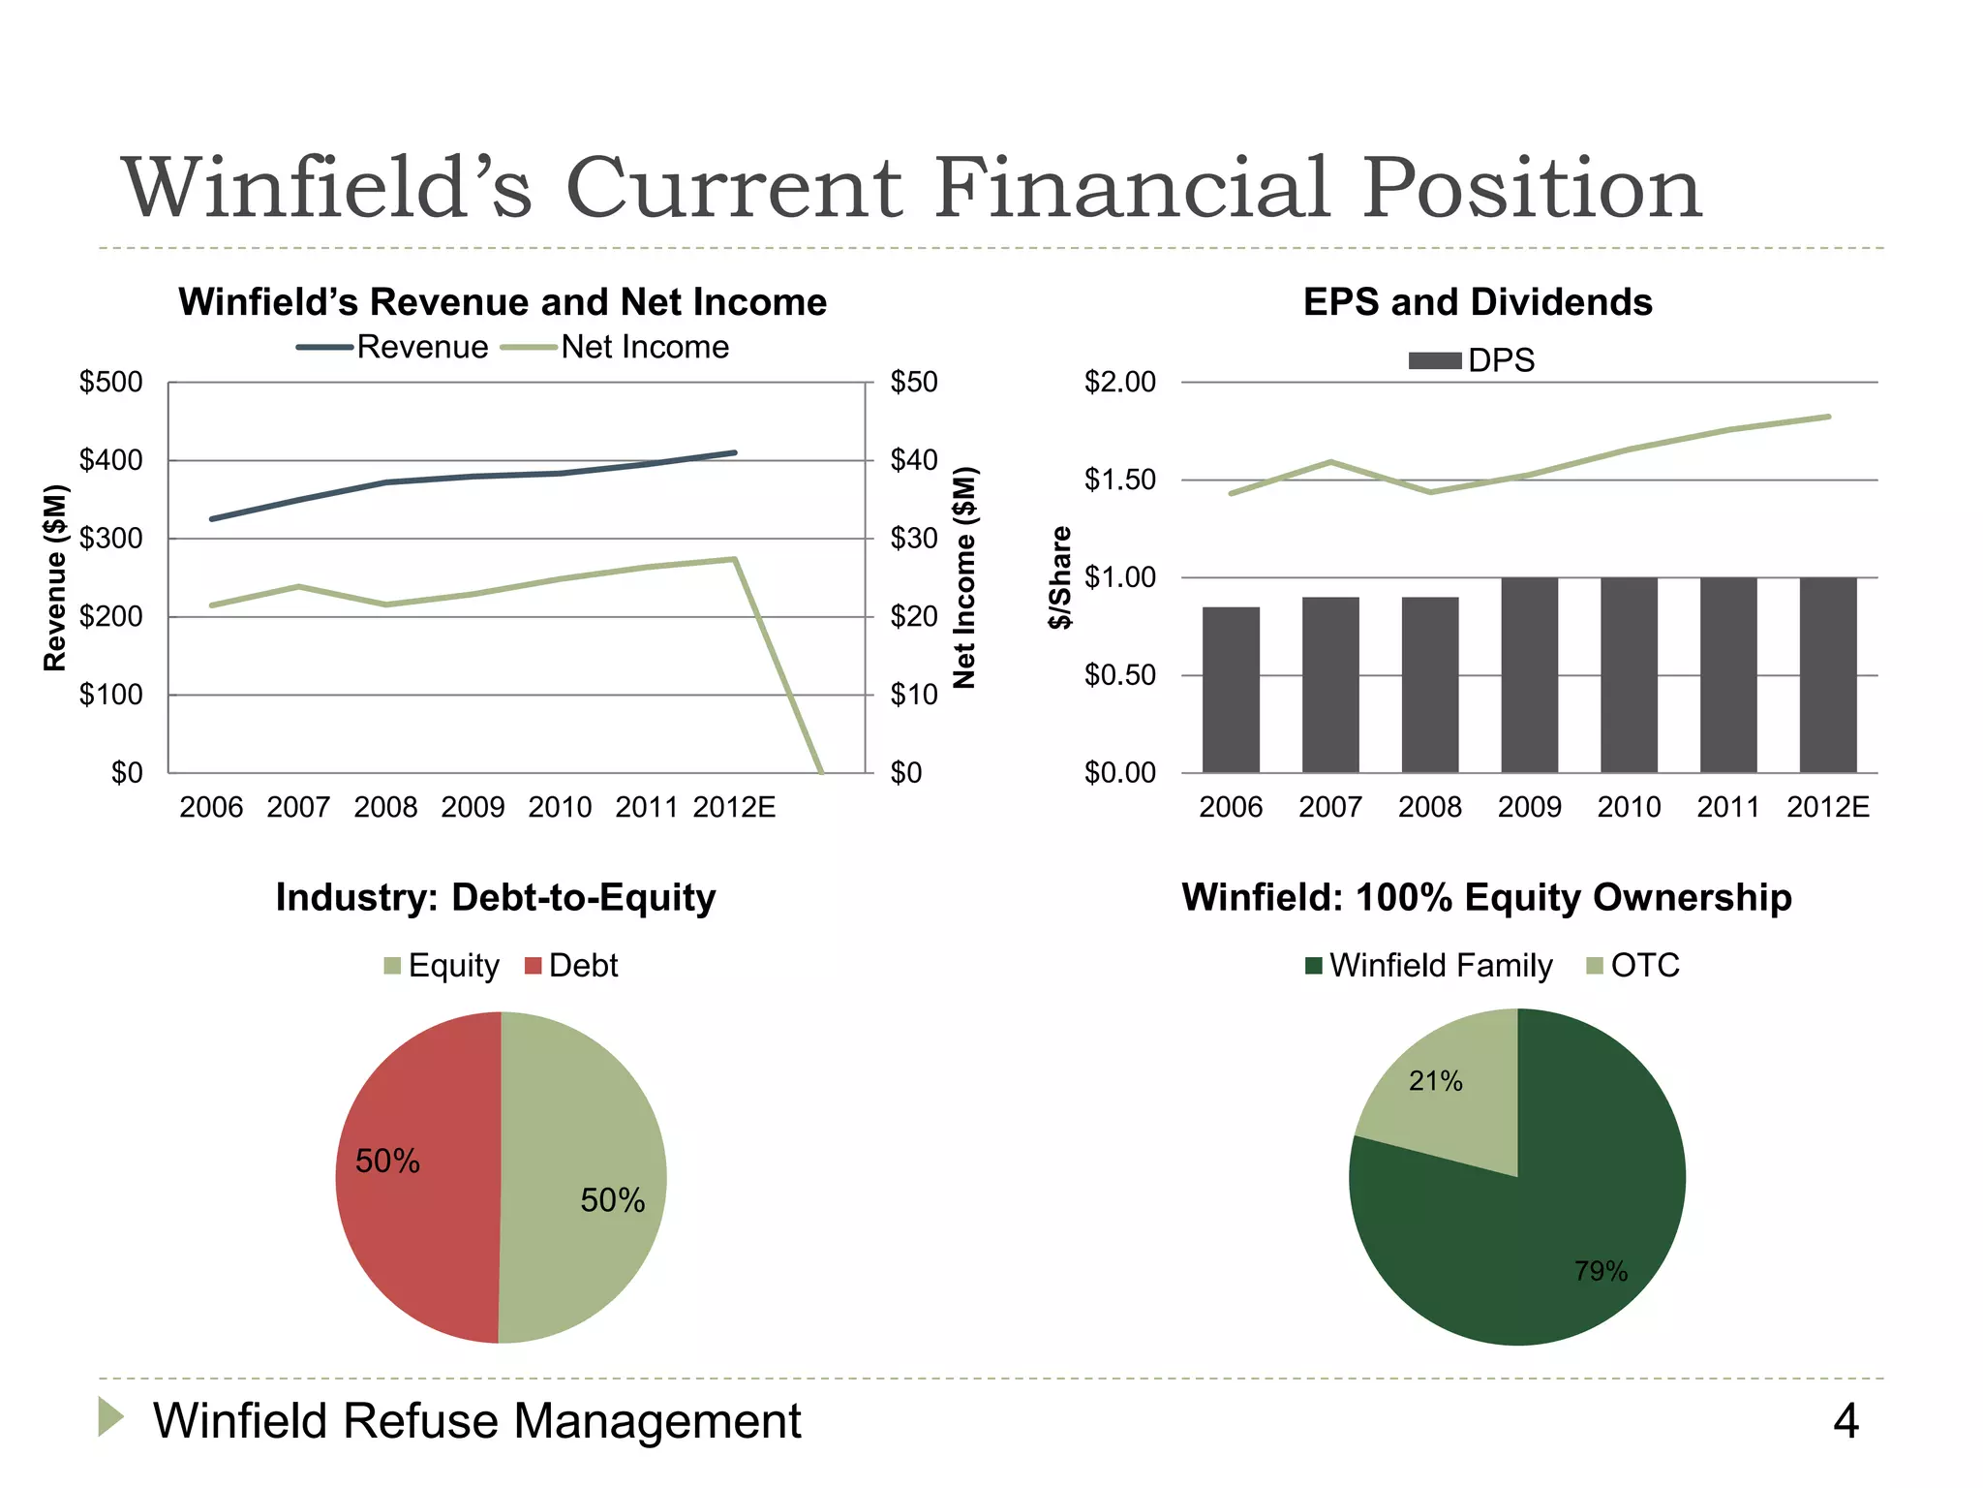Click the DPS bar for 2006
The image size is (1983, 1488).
tap(1231, 690)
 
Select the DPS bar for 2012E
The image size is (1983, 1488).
tap(1828, 675)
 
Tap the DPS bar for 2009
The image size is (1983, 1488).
tap(1529, 675)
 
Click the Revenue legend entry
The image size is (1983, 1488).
tap(394, 347)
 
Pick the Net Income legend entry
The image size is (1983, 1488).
tap(617, 347)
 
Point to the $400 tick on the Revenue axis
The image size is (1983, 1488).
tap(110, 460)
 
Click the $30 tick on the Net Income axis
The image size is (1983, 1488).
tap(913, 539)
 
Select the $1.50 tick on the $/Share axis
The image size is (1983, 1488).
tap(1119, 480)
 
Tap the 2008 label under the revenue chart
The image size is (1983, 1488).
tap(385, 807)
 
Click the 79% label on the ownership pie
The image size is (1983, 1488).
tap(1601, 1271)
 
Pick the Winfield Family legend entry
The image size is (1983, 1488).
tap(1429, 966)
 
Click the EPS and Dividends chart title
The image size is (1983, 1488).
tap(1478, 302)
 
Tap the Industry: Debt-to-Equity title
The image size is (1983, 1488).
tap(496, 897)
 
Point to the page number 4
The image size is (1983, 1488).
tap(1846, 1421)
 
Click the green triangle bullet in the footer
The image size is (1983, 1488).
tap(110, 1416)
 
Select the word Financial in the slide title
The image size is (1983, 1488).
tap(1132, 188)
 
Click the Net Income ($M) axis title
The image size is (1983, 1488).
tap(964, 578)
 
